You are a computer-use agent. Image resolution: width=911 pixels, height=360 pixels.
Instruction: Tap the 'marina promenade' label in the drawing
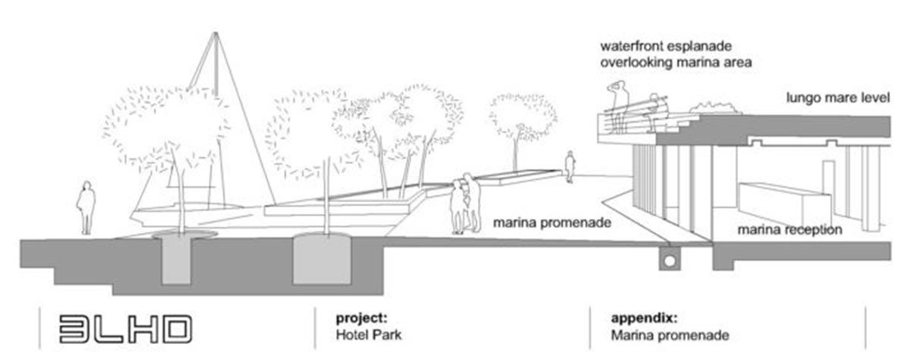[551, 224]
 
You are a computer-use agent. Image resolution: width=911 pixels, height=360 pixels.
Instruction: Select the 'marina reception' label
[789, 229]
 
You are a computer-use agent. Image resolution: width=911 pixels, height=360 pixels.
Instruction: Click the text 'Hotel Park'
[361, 333]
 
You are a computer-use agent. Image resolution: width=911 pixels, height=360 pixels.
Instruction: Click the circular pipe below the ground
[669, 260]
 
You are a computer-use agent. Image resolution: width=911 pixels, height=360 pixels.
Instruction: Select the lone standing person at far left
[87, 207]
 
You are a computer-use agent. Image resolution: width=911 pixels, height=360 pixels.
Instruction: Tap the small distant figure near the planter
[569, 166]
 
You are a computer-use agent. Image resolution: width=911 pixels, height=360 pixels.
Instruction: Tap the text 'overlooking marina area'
[675, 64]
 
